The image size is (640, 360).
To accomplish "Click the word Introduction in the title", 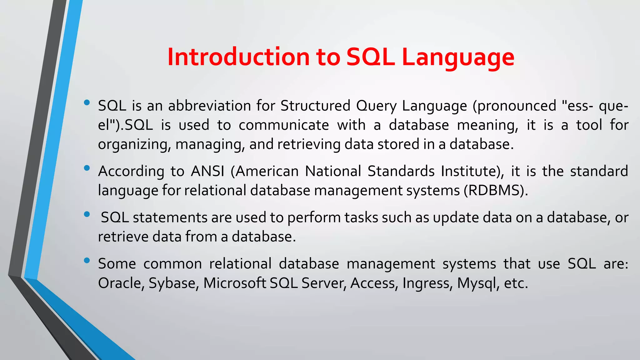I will tap(238, 57).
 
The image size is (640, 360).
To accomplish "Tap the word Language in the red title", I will tap(458, 57).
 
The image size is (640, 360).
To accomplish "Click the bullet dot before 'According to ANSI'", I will tap(87, 168).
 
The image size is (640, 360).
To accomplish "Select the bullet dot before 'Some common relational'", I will tap(87, 261).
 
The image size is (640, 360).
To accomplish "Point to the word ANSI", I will tap(207, 171).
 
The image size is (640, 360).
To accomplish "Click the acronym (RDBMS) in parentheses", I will tap(496, 190).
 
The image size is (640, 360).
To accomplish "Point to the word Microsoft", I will tap(234, 283).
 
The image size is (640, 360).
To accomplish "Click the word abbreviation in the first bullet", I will tap(209, 106).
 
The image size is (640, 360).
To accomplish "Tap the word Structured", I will tap(315, 106).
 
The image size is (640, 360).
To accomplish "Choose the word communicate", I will tap(284, 125).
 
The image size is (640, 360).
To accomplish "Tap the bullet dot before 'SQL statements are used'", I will tap(87, 214).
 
